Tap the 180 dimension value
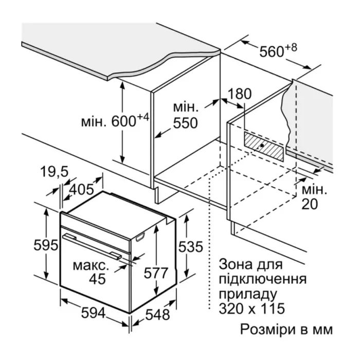[240, 94]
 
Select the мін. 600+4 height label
[115, 122]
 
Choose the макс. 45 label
[91, 273]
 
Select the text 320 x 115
[252, 310]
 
